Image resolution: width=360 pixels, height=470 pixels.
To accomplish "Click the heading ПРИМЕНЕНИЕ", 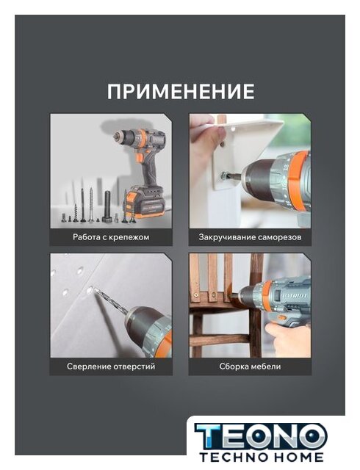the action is [x=181, y=91].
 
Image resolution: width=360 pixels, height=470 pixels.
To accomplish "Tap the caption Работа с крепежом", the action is [x=111, y=237].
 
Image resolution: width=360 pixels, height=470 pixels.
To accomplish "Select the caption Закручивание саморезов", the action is [x=250, y=237].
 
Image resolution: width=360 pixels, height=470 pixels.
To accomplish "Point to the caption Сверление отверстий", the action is [x=111, y=366].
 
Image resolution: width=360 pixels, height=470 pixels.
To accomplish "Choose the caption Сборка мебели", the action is [x=250, y=366].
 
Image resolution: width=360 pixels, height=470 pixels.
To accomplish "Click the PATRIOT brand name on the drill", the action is [x=295, y=296].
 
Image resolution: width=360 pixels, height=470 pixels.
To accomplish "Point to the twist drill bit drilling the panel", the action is [x=112, y=302].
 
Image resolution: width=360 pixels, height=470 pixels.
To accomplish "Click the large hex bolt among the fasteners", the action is [x=108, y=206].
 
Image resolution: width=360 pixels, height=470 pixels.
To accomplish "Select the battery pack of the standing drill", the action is [x=145, y=203].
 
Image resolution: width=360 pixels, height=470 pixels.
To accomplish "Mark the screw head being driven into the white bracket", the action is [x=224, y=176].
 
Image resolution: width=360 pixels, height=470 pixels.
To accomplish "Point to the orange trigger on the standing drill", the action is [x=140, y=157].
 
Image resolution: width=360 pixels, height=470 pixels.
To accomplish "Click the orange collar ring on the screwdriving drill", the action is [x=297, y=178].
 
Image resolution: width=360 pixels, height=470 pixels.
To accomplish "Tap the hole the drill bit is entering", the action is [x=90, y=290].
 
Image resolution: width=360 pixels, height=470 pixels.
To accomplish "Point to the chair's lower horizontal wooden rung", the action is [x=220, y=340].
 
